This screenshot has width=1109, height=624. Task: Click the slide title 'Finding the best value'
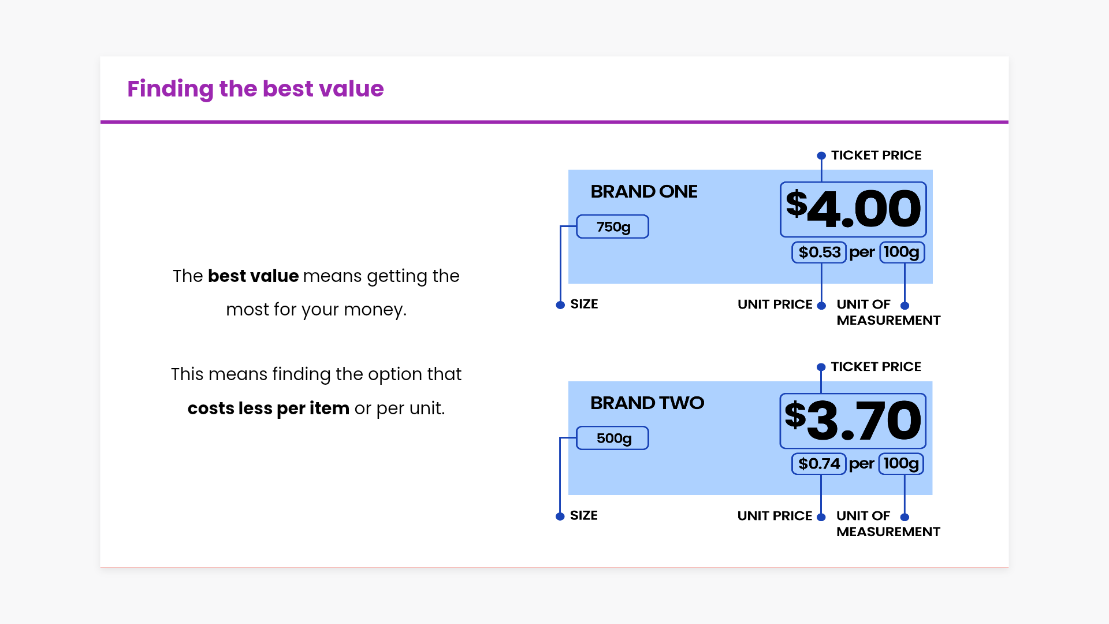tap(255, 89)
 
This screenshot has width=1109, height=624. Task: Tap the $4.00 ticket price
tap(853, 209)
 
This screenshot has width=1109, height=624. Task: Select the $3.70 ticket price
tap(853, 421)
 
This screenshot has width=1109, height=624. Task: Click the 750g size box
tap(613, 226)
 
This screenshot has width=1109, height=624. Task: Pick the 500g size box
tap(613, 438)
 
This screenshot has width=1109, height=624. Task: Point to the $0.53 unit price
tap(819, 252)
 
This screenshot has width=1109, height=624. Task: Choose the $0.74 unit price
tap(819, 463)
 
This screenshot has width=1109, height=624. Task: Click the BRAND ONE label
tap(644, 191)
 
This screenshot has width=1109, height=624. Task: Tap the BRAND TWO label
tap(647, 403)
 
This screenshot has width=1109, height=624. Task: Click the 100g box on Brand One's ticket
tap(902, 252)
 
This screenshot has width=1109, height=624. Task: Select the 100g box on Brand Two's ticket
tap(901, 463)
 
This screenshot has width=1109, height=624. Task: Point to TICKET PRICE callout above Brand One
tap(876, 155)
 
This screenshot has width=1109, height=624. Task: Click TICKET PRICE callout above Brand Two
tap(876, 367)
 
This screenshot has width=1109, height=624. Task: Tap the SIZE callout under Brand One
tap(584, 304)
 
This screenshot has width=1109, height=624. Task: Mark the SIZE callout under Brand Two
tap(584, 515)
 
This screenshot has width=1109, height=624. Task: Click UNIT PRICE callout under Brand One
tap(775, 304)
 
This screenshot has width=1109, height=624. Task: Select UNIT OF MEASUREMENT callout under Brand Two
tap(888, 523)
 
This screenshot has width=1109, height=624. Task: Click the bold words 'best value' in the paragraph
tap(254, 276)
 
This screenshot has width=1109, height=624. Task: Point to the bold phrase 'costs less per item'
tap(269, 408)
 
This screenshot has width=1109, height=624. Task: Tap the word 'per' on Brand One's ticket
tap(862, 253)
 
